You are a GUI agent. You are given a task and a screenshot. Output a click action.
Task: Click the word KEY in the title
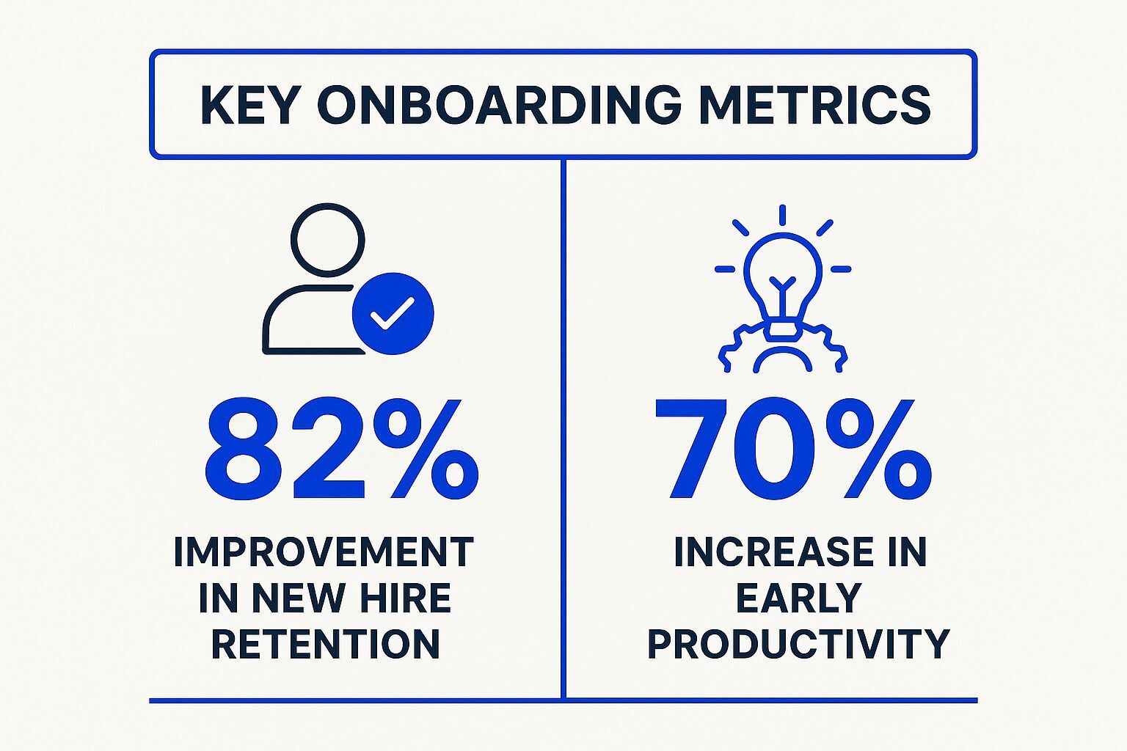[x=248, y=104]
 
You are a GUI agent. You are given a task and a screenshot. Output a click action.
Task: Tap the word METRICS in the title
[x=814, y=104]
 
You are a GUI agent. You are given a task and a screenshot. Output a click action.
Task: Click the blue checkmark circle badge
[x=393, y=314]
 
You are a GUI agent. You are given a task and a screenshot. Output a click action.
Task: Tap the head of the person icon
[x=327, y=240]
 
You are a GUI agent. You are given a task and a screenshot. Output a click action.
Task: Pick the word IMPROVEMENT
[x=324, y=552]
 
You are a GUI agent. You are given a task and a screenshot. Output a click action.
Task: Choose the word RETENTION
[x=326, y=644]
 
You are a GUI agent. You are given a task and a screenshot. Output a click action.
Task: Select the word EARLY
[x=798, y=598]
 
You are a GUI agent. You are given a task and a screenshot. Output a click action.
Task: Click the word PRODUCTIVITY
[x=798, y=644]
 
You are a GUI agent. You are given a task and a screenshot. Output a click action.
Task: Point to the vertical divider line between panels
[x=563, y=425]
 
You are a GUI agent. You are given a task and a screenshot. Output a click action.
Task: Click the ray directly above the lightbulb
[x=783, y=215]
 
